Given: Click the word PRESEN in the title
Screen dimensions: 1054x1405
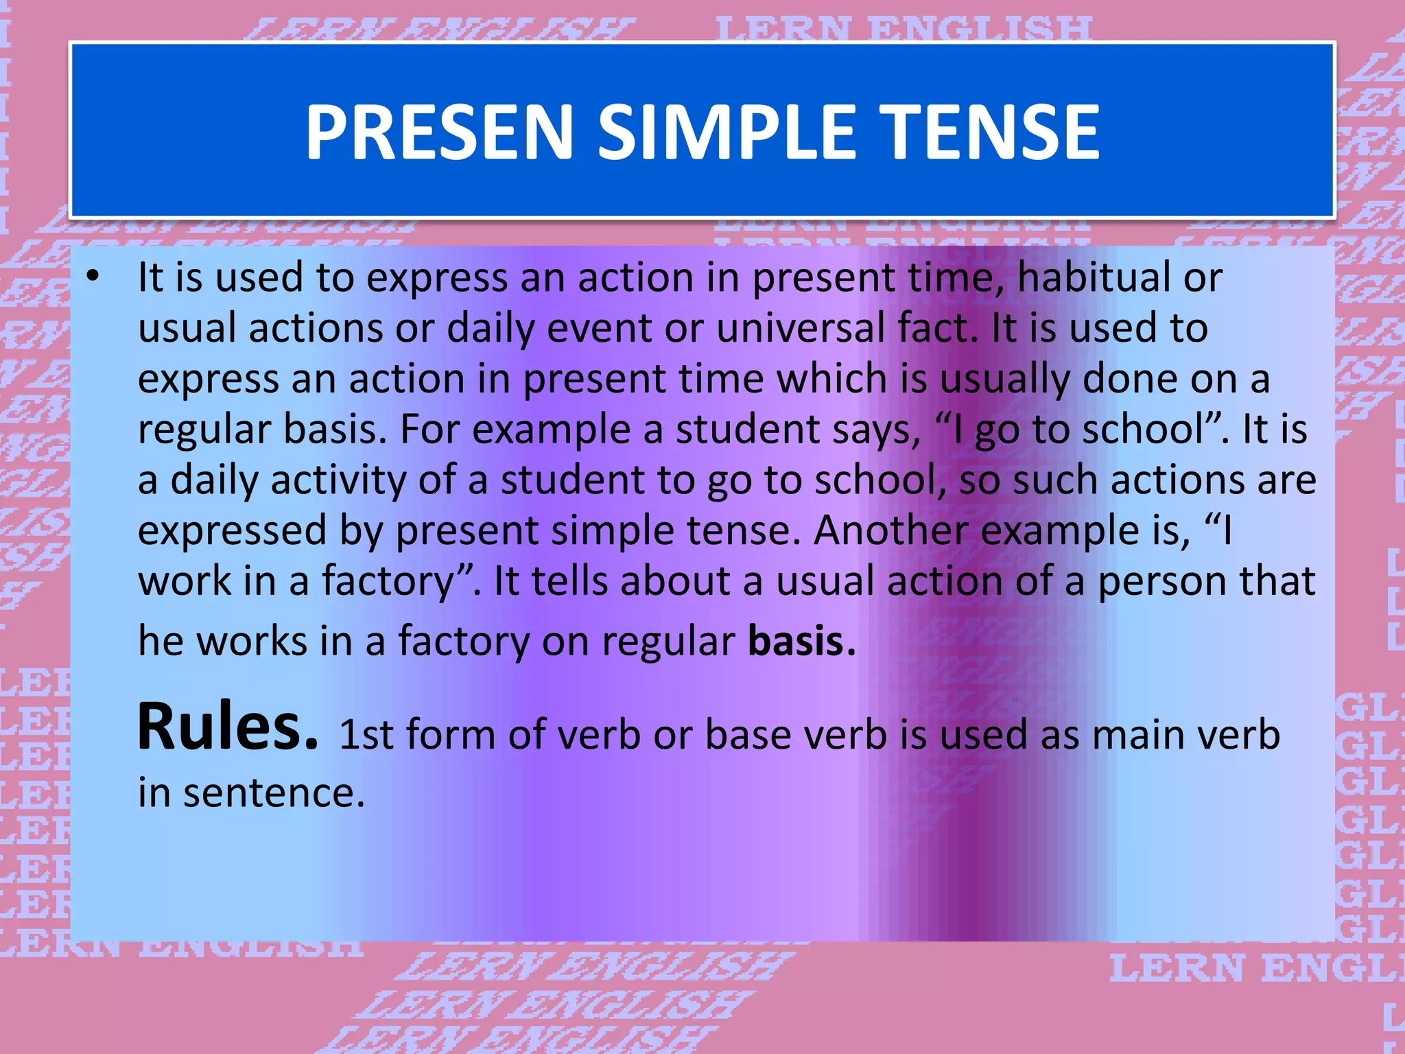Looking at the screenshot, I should point(439,132).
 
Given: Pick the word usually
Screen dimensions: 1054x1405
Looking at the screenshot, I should point(1004,379).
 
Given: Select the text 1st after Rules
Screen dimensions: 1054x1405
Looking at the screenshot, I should point(366,735).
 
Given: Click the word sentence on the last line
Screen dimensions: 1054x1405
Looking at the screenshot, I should point(274,793).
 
